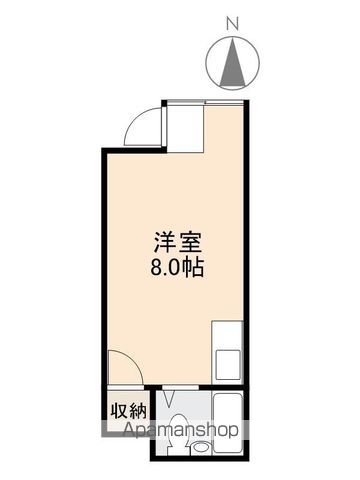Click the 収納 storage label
coord(127,410)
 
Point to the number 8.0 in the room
coord(164,267)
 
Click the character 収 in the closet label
coord(118,410)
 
